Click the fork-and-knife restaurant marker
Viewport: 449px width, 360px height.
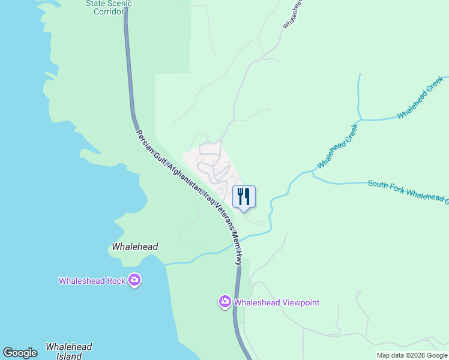coord(244,197)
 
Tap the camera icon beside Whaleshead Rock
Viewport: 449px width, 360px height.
coord(134,280)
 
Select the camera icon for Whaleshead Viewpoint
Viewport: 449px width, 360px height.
coord(225,301)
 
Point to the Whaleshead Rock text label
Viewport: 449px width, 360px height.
coord(92,281)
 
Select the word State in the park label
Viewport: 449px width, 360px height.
coord(96,3)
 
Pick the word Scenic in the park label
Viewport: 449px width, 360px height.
coord(120,3)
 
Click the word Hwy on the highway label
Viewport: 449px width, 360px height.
coord(239,258)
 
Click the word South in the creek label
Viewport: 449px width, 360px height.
coord(379,185)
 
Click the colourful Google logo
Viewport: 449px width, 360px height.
coord(20,353)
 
